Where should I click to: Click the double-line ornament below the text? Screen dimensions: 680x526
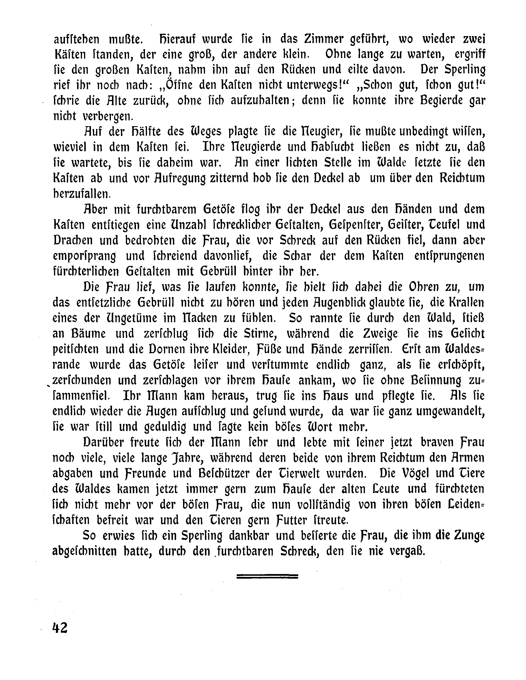267,576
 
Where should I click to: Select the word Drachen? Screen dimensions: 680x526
72,240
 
